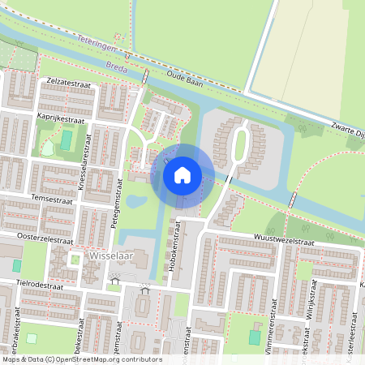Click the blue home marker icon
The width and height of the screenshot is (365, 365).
point(182,174)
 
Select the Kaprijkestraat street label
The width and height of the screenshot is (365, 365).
point(60,118)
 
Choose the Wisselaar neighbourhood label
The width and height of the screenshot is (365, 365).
point(105,259)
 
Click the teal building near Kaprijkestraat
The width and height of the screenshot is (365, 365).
point(66,140)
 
